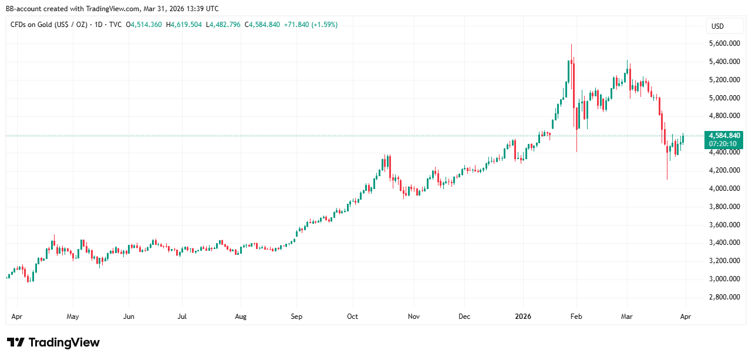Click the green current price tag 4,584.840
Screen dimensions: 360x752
(x=724, y=136)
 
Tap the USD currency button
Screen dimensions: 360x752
(x=717, y=26)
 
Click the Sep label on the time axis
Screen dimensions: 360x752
(x=296, y=317)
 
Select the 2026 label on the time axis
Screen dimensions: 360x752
(x=522, y=317)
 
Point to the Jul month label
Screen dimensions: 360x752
(x=182, y=317)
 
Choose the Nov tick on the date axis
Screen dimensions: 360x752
(x=414, y=317)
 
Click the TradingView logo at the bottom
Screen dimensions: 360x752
(x=53, y=342)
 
